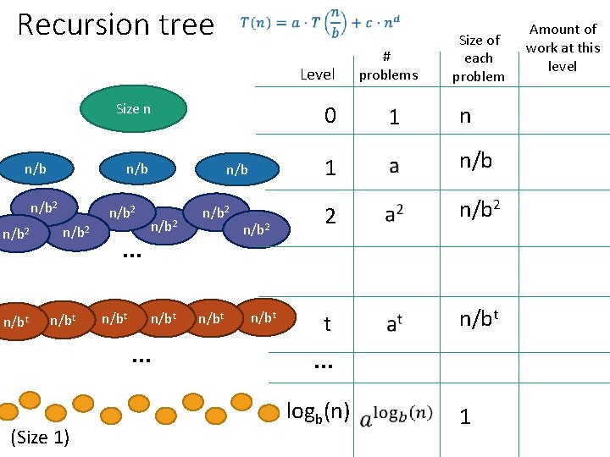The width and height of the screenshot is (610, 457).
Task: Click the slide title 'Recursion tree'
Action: pyautogui.click(x=115, y=25)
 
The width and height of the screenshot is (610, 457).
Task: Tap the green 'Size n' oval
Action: pyautogui.click(x=133, y=108)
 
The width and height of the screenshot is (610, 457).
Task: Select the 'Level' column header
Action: pyautogui.click(x=318, y=74)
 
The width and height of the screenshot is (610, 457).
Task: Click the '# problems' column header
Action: pyautogui.click(x=388, y=66)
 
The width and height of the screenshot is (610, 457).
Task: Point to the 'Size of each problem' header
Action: pyautogui.click(x=479, y=58)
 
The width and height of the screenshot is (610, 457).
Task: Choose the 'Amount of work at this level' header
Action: pyautogui.click(x=563, y=47)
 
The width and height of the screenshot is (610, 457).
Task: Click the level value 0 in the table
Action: pyautogui.click(x=330, y=117)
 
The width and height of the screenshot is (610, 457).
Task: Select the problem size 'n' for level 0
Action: pyautogui.click(x=464, y=116)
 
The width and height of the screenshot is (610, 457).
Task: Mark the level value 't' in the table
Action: pyautogui.click(x=327, y=324)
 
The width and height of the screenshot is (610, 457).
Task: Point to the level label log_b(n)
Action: pyautogui.click(x=318, y=412)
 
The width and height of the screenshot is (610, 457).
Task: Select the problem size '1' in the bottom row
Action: pyautogui.click(x=463, y=416)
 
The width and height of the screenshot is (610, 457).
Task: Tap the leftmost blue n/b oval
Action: pyautogui.click(x=36, y=169)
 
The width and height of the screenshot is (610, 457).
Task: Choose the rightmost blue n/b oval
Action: pyautogui.click(x=236, y=170)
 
